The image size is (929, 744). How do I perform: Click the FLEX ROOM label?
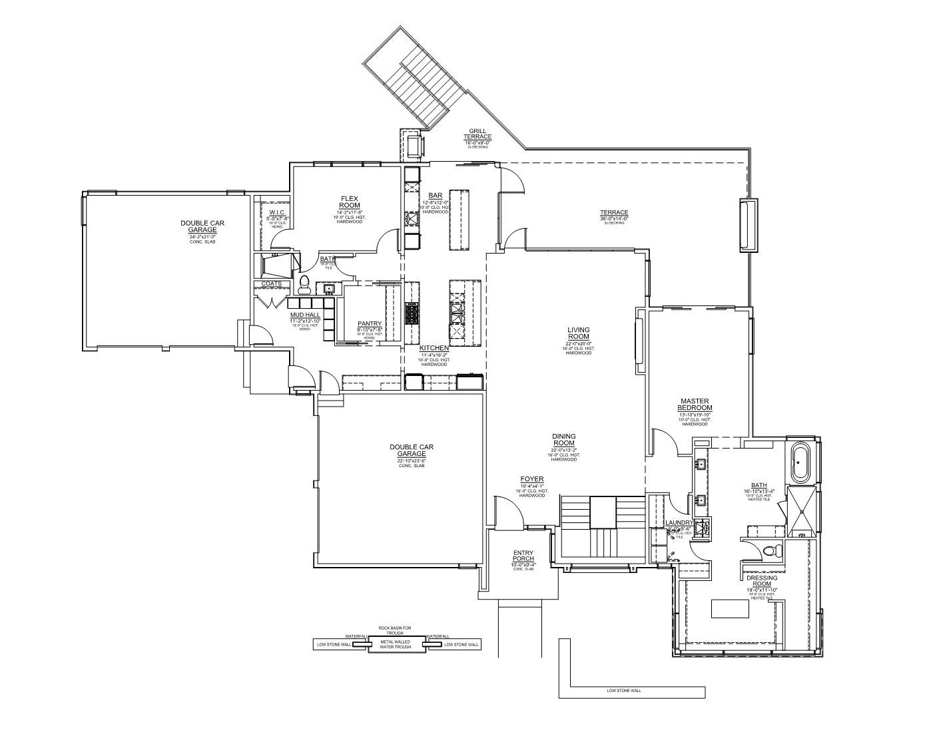tap(350, 202)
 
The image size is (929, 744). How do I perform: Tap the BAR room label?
tap(436, 196)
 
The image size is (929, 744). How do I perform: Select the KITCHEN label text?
tap(434, 348)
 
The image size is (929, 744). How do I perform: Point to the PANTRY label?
tap(369, 324)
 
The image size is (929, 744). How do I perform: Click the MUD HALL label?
tap(304, 315)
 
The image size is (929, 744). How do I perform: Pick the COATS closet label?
tap(271, 284)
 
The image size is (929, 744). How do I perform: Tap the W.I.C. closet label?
tap(278, 213)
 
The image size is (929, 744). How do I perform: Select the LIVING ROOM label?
tap(578, 333)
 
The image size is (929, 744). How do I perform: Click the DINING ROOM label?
tap(563, 440)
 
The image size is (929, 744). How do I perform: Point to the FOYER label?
tap(532, 479)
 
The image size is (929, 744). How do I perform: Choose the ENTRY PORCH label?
tap(523, 556)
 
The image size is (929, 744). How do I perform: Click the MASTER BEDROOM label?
tap(695, 405)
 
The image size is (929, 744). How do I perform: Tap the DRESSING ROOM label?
tap(762, 581)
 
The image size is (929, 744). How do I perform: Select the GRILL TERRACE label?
tap(477, 134)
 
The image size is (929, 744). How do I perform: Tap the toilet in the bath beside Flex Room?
tap(304, 284)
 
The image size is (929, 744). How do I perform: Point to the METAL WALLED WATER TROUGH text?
tap(396, 644)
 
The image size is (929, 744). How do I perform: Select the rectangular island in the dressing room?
tap(730, 608)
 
